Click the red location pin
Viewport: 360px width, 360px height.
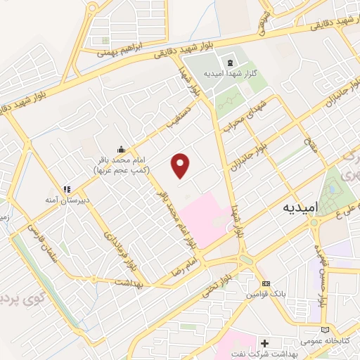(x=181, y=165)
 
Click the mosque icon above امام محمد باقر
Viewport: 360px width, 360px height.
(x=121, y=149)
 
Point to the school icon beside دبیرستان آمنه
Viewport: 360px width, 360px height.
(x=67, y=189)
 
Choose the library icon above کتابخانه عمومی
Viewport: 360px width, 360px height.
(x=323, y=330)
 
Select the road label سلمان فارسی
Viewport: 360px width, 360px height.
(x=42, y=243)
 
